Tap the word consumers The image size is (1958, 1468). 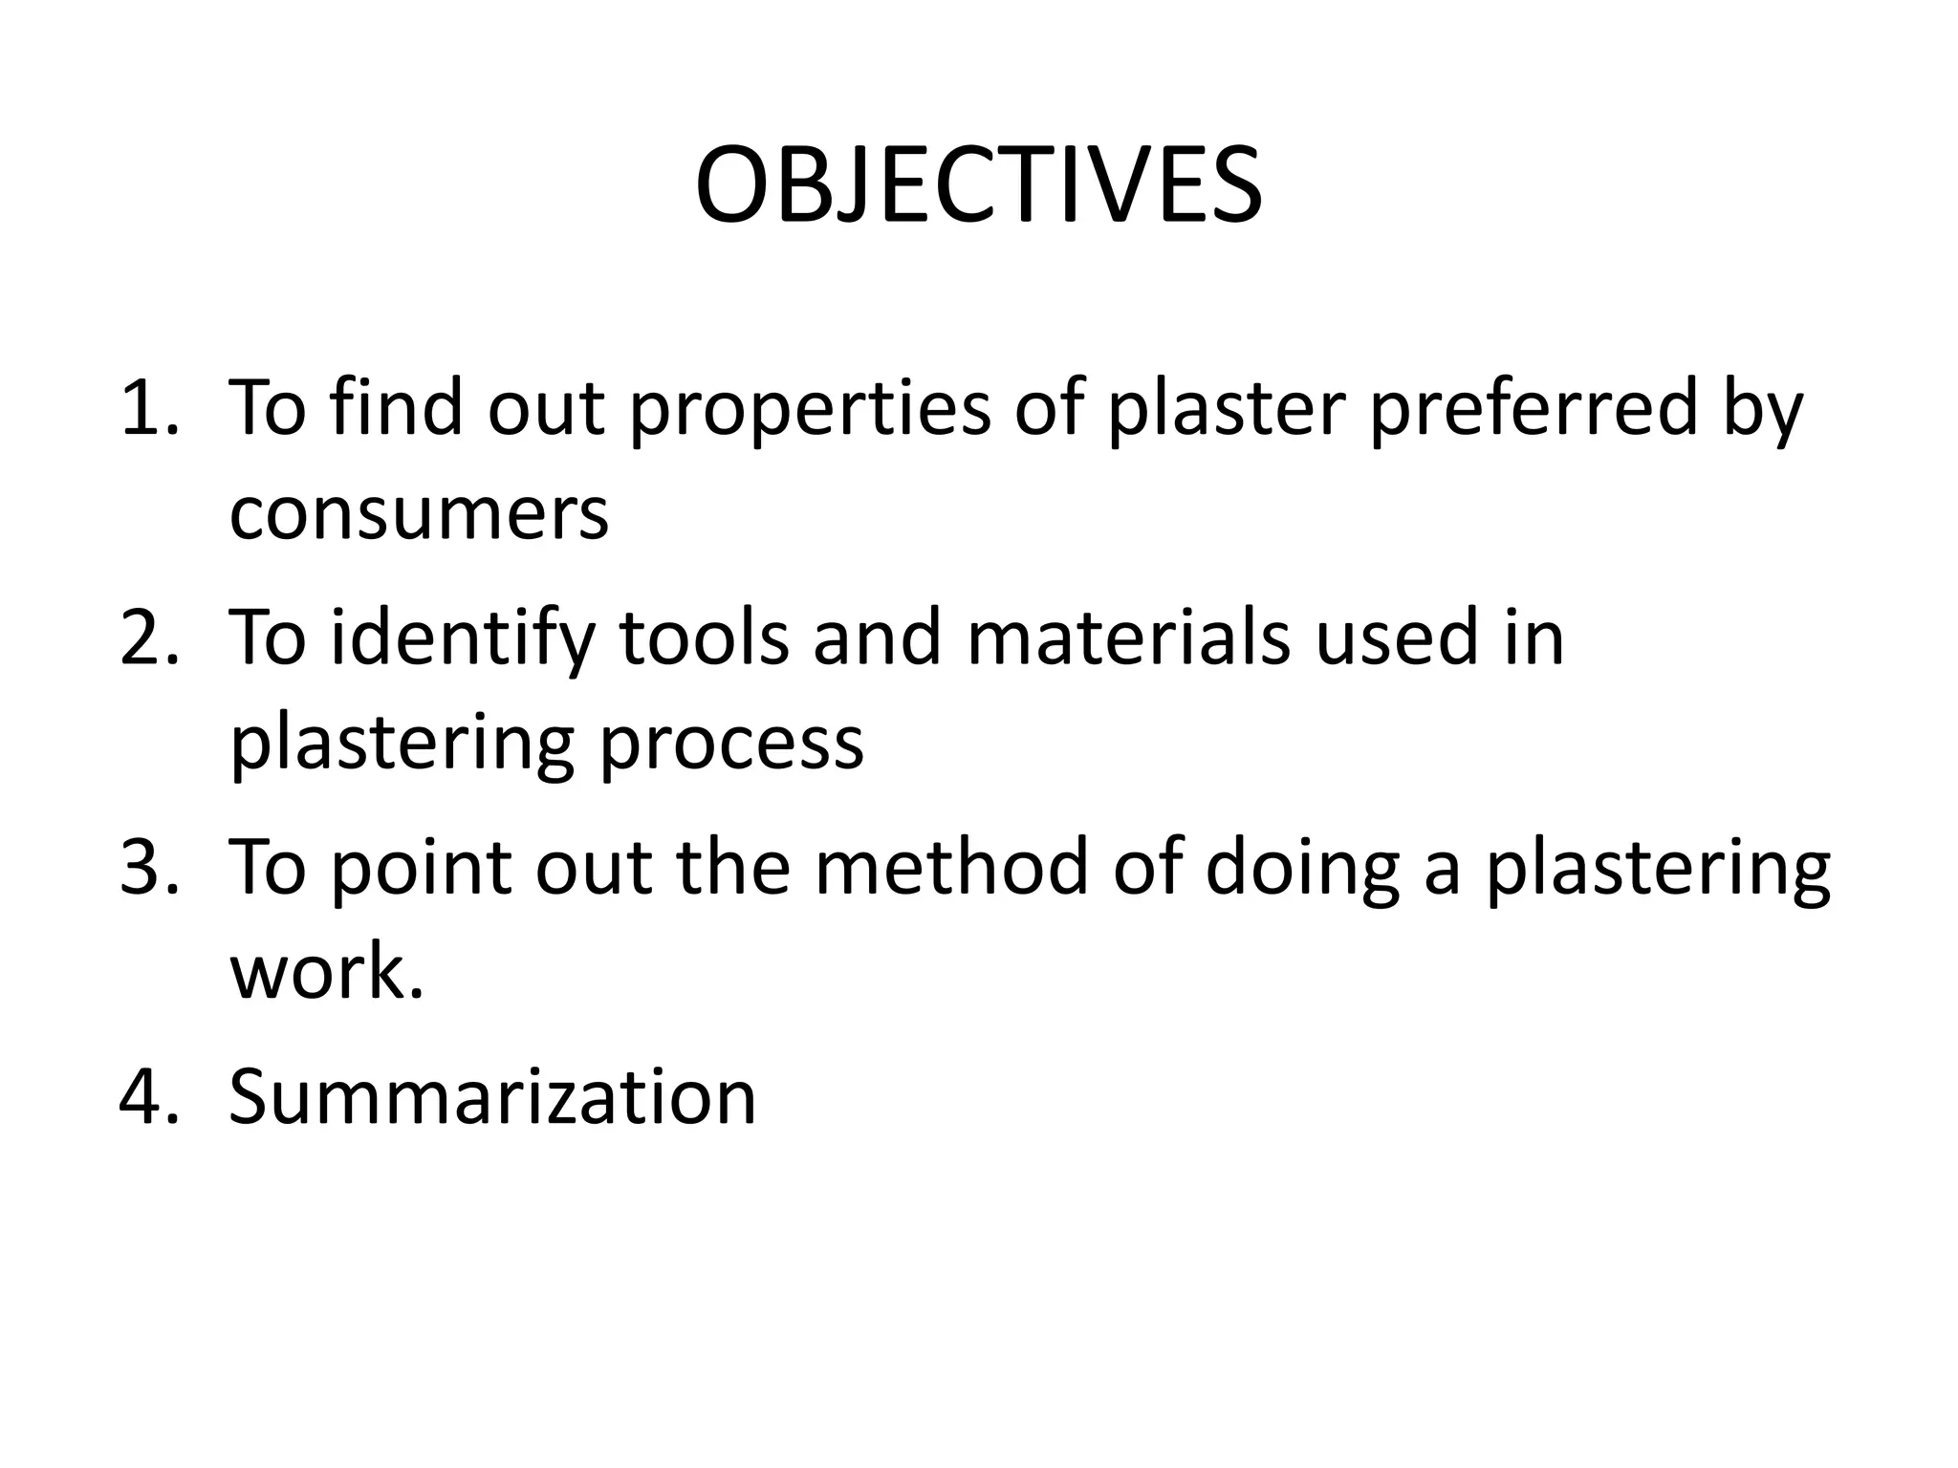[x=419, y=513]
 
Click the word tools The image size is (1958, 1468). [x=706, y=637]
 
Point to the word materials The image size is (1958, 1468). [x=1128, y=637]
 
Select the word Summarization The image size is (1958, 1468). [x=492, y=1096]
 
